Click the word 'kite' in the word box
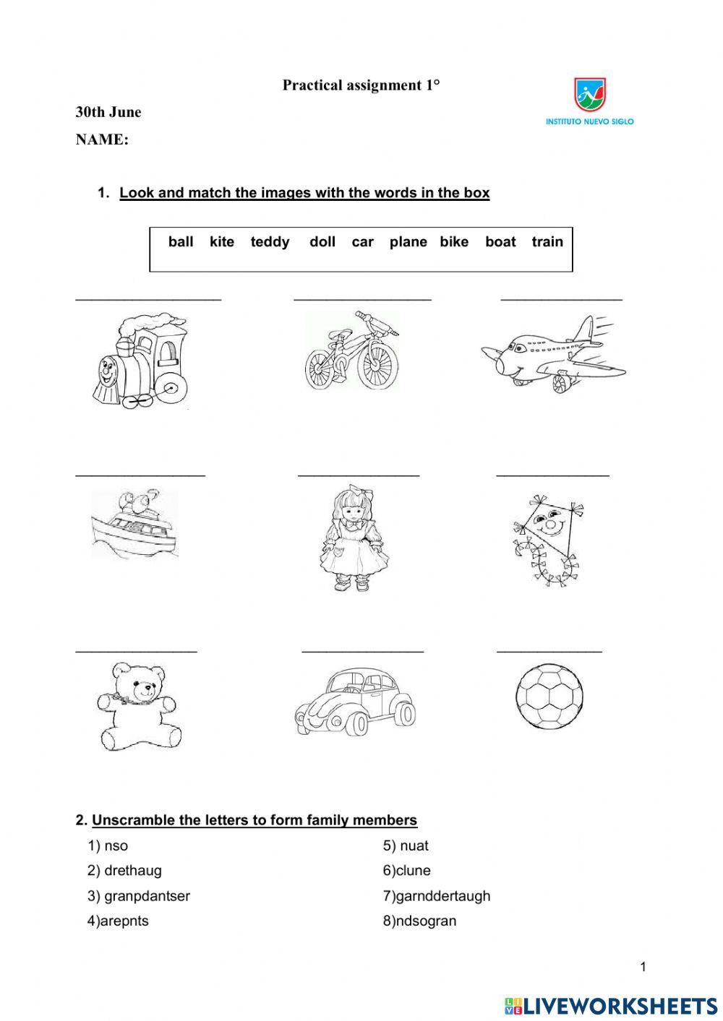click(221, 242)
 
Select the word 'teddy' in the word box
click(270, 242)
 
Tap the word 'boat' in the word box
click(500, 242)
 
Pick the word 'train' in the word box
click(547, 242)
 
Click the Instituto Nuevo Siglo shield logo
click(590, 95)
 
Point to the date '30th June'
click(108, 112)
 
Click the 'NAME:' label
click(102, 140)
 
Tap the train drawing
click(140, 359)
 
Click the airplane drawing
click(554, 353)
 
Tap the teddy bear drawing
click(138, 706)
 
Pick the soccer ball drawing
click(549, 697)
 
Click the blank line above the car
click(362, 651)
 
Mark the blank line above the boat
click(140, 475)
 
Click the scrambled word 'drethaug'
click(133, 871)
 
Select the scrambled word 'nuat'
click(414, 845)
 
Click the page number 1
click(643, 967)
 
